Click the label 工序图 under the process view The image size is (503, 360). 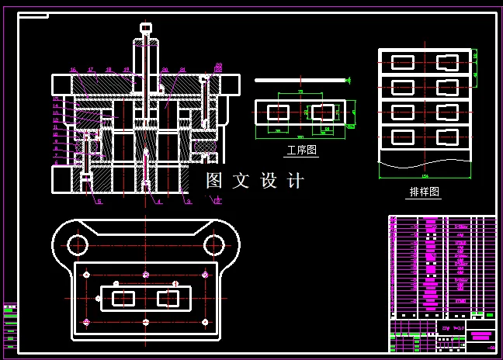[302, 151]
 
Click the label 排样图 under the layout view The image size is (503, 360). [424, 192]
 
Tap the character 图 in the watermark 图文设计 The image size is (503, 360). [214, 181]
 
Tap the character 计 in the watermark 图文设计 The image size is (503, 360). [296, 181]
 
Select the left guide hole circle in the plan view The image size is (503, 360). [77, 245]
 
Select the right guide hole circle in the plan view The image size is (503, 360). [213, 245]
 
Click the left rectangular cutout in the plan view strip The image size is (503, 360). [123, 298]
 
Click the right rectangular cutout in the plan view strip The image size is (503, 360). [167, 298]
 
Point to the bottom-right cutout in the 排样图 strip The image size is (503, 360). [448, 137]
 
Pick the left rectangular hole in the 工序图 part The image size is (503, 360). [278, 112]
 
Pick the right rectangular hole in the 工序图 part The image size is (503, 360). [322, 112]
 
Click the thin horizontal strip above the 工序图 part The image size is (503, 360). [299, 79]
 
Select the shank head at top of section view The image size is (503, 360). [145, 28]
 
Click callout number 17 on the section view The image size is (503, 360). [91, 70]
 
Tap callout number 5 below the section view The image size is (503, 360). [99, 202]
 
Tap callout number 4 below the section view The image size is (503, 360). [159, 202]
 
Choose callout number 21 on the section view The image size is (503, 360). [182, 70]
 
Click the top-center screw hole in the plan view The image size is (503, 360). [145, 275]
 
